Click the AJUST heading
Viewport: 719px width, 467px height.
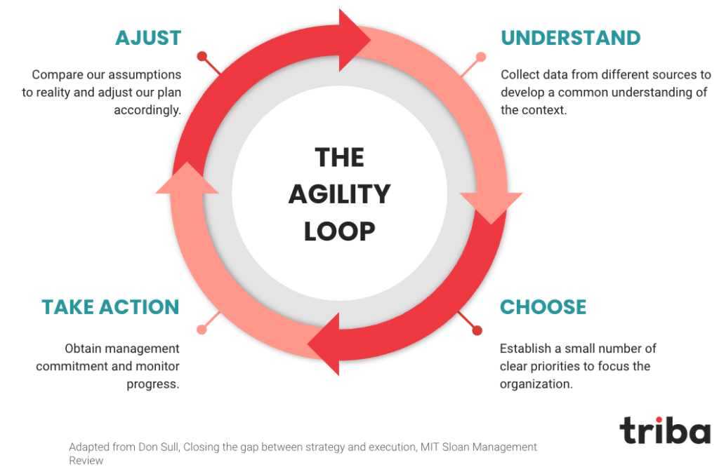(x=148, y=38)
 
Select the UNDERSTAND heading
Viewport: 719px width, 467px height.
(x=570, y=38)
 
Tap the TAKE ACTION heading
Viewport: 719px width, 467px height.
(x=110, y=307)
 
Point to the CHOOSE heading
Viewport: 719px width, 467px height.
(x=543, y=307)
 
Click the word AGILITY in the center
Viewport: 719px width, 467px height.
(x=339, y=194)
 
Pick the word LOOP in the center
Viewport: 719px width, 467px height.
(x=339, y=231)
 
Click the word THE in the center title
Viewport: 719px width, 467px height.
(x=339, y=158)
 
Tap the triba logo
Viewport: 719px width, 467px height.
(x=665, y=431)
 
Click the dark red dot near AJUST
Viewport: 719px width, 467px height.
(x=202, y=56)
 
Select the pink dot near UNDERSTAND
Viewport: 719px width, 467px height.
(x=481, y=57)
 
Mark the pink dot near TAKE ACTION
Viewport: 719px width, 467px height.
(x=202, y=330)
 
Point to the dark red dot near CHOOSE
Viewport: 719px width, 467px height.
(x=477, y=330)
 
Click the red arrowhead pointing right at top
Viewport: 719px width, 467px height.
(x=354, y=40)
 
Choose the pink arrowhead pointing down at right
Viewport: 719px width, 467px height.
(x=491, y=207)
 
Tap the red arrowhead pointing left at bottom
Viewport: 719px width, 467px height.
(x=324, y=344)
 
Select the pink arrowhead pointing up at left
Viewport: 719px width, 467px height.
(x=187, y=179)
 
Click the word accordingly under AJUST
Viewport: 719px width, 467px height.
(x=147, y=110)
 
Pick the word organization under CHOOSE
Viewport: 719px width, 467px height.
(x=536, y=384)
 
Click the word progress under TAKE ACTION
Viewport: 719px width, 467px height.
(x=152, y=384)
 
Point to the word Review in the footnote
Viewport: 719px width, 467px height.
(x=86, y=460)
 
